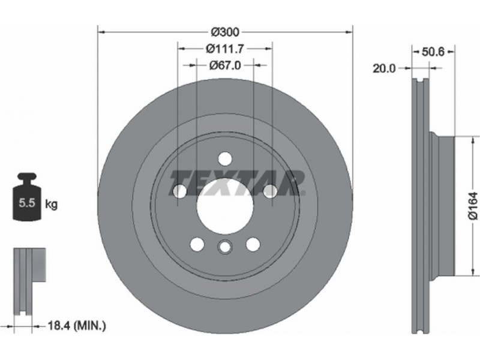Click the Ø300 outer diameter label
(x=226, y=32)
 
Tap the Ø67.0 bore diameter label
(x=225, y=65)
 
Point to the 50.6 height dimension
(x=433, y=52)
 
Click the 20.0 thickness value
(x=384, y=68)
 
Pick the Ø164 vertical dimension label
(x=473, y=206)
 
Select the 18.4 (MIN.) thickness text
(x=77, y=326)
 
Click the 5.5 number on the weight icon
(x=26, y=203)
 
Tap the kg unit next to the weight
(x=51, y=204)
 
